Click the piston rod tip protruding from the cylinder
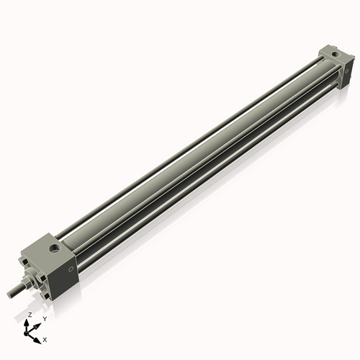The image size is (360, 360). click(x=12, y=292)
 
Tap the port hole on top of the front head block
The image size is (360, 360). click(x=53, y=248)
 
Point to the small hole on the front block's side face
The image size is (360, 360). click(x=70, y=268)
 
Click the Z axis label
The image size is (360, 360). click(x=29, y=315)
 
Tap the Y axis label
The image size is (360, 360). click(x=44, y=318)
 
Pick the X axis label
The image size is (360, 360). click(x=45, y=338)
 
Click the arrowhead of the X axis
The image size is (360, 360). click(x=39, y=336)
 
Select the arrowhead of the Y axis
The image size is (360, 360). click(x=39, y=322)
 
